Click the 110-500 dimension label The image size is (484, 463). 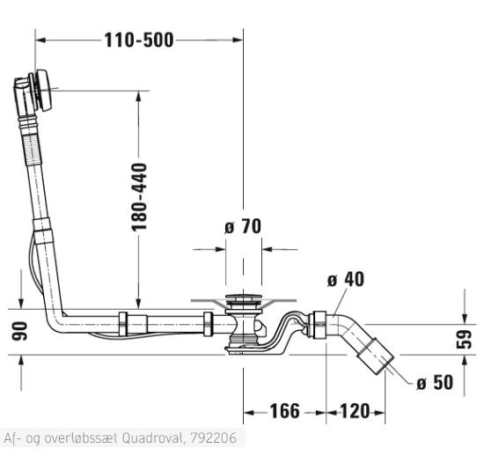[x=139, y=40]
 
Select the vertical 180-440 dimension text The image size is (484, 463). [x=139, y=197]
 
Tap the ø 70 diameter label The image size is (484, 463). [x=243, y=226]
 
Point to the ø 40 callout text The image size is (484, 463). [x=346, y=279]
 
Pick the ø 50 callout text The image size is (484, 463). [x=435, y=382]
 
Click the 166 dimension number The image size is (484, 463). [x=284, y=411]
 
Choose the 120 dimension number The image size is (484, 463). [x=355, y=411]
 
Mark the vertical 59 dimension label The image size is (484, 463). [x=464, y=340]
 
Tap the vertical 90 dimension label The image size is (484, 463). [x=19, y=331]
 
